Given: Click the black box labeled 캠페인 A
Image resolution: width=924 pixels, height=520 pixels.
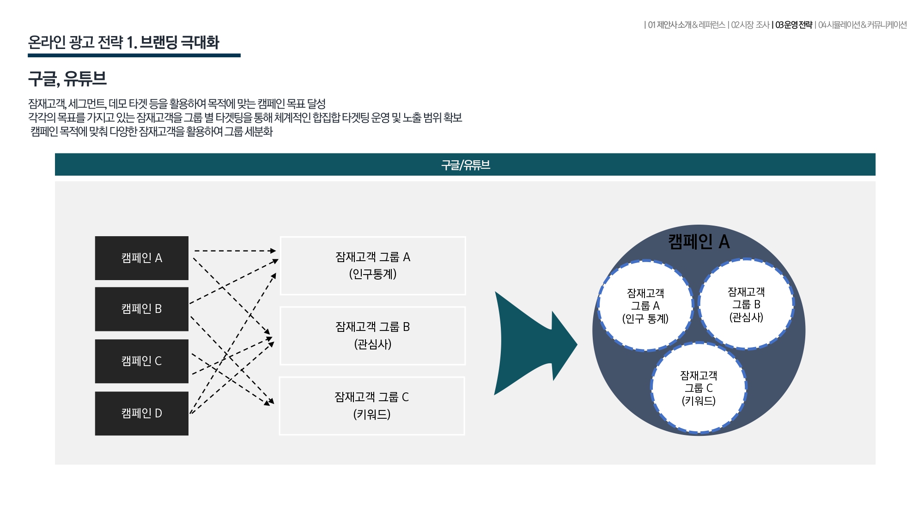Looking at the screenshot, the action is click(x=142, y=258).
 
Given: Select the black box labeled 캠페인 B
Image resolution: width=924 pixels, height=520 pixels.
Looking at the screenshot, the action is click(x=142, y=309).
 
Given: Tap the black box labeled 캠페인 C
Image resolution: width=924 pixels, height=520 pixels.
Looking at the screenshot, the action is click(x=142, y=361).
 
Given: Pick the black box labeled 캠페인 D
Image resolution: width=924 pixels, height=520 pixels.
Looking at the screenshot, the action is click(x=142, y=414).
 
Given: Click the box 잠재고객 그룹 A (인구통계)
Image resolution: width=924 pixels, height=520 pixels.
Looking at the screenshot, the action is click(x=373, y=266).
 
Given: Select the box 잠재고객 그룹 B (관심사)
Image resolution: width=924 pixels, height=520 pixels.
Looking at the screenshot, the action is click(x=373, y=336).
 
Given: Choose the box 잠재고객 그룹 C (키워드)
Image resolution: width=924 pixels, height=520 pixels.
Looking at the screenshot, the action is click(x=372, y=406).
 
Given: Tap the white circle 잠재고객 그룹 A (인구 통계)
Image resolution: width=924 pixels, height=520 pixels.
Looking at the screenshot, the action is click(x=645, y=306).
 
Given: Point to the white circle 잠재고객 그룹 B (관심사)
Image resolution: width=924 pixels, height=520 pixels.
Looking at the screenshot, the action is click(x=746, y=304).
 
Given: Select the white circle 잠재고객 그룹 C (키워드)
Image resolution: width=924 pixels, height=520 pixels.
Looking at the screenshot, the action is click(x=699, y=388).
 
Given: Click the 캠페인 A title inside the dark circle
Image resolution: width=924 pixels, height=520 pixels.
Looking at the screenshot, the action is click(x=699, y=242).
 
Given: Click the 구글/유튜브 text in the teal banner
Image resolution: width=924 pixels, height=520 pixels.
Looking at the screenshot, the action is click(x=466, y=165).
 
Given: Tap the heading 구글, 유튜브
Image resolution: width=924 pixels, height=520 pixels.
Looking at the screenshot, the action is click(x=67, y=79).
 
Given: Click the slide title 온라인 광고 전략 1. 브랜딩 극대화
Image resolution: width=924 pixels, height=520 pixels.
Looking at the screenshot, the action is click(x=123, y=43).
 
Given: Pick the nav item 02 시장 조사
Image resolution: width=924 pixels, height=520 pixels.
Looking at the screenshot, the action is click(x=750, y=25).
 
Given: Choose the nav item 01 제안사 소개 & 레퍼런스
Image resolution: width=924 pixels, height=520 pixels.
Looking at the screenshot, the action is click(x=687, y=25).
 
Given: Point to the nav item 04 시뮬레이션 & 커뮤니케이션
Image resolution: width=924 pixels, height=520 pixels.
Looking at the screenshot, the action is click(x=863, y=25).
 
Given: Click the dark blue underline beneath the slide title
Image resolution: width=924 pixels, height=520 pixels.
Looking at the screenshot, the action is click(x=134, y=55).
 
